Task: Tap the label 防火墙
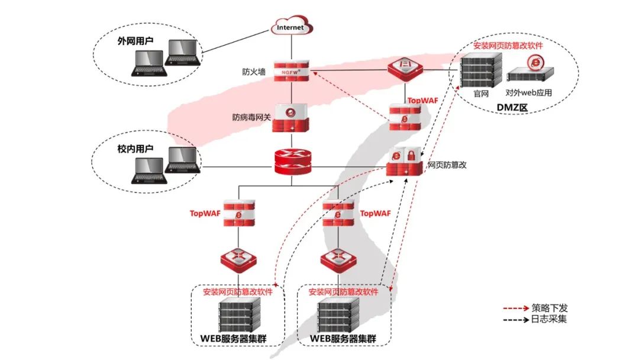point(254,72)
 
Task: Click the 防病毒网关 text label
point(251,117)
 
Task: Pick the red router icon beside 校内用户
point(292,161)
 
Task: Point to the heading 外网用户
point(135,42)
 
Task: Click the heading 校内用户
point(135,149)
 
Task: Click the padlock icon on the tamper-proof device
point(409,156)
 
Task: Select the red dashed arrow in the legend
point(515,308)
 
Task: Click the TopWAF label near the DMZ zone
point(423,101)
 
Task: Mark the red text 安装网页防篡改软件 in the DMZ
point(508,46)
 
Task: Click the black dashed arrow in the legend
point(515,320)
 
